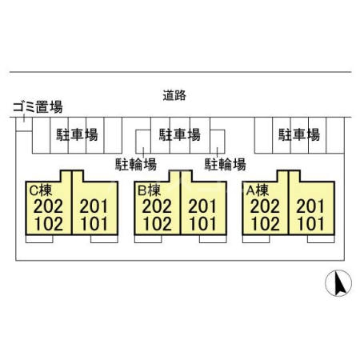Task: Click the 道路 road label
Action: pos(174,95)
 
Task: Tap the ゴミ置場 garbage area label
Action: pos(38,106)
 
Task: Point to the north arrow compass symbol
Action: pos(338,283)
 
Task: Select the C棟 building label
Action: pos(41,190)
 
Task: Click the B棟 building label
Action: pos(149,190)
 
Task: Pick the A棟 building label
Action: pos(258,190)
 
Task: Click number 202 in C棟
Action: pos(48,206)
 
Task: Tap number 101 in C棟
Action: pos(94,223)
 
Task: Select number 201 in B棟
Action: pos(202,206)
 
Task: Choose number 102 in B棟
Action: pos(158,223)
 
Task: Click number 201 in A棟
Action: pos(310,206)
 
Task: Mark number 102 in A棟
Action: pos(266,223)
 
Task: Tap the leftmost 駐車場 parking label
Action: pos(77,134)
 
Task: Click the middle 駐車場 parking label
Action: pos(180,134)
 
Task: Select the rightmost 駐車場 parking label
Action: pos(299,134)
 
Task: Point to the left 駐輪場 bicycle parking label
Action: pos(136,164)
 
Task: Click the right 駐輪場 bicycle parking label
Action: pos(225,164)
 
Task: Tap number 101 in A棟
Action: pos(311,223)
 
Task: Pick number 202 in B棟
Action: pos(157,206)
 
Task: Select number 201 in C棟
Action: pos(94,206)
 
